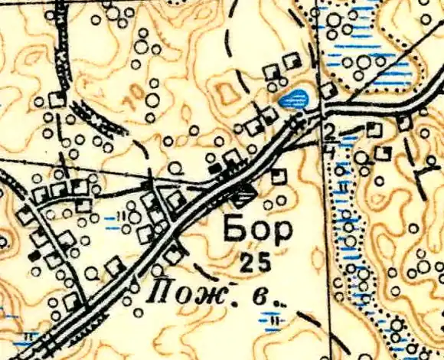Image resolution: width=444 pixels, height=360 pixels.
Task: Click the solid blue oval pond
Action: tap(295, 98)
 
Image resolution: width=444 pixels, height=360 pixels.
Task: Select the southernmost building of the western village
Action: tap(73, 301)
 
